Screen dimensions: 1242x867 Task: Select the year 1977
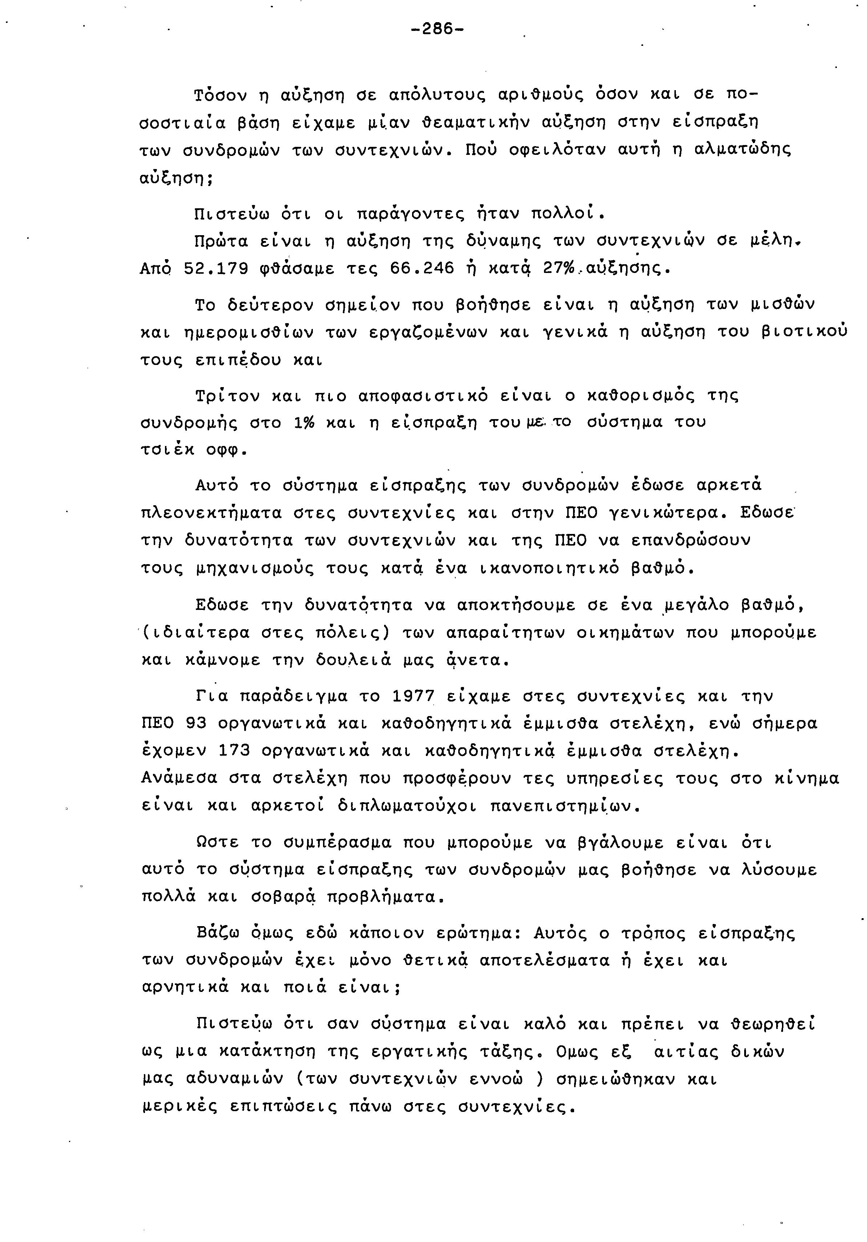[x=414, y=696]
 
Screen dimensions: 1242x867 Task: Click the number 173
[x=234, y=751]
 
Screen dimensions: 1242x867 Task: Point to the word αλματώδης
[x=742, y=150]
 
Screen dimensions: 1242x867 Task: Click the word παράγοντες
[x=411, y=214]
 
